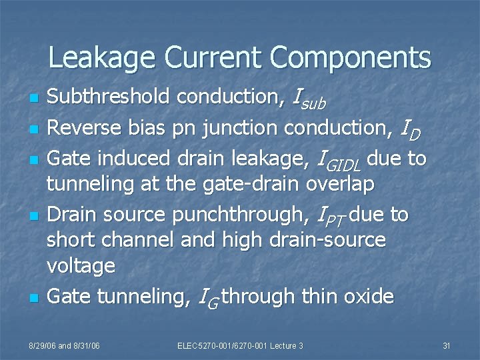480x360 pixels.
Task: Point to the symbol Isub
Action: click(x=309, y=99)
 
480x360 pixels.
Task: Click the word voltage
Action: click(x=81, y=266)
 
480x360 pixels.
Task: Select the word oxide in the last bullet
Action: click(x=368, y=296)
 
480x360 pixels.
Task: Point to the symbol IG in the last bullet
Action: click(x=209, y=297)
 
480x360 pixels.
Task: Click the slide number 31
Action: click(x=447, y=345)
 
